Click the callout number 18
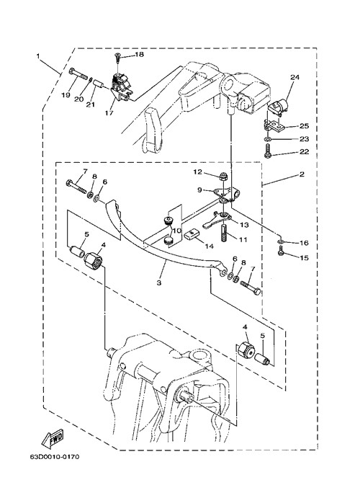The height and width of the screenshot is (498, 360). (x=139, y=54)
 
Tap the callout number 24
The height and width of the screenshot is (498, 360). (x=294, y=77)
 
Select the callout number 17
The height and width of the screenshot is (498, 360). (x=109, y=112)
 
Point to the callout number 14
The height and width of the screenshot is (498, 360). (x=210, y=246)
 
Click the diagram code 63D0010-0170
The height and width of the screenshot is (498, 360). (x=55, y=457)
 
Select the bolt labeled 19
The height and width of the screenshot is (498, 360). (x=77, y=74)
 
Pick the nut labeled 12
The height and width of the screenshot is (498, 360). (x=224, y=176)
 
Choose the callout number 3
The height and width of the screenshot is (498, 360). (x=159, y=283)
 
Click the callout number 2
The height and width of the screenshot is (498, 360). (x=302, y=174)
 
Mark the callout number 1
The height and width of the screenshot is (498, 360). (x=38, y=56)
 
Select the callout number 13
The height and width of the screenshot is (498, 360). (x=244, y=225)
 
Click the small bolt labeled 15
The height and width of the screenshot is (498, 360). (x=280, y=253)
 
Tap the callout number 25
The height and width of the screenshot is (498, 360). (x=304, y=126)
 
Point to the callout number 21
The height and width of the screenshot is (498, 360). (x=91, y=104)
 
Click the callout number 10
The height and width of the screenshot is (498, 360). (x=176, y=230)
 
